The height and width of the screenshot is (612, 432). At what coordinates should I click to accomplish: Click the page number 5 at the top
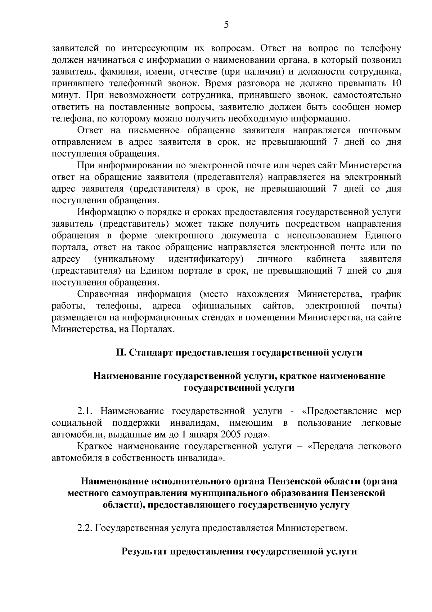click(x=226, y=25)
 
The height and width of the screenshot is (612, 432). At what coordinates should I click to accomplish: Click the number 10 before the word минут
click(x=395, y=83)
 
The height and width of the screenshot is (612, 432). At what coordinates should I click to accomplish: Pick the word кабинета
click(x=326, y=259)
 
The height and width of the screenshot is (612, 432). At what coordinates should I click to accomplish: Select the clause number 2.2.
click(x=86, y=528)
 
